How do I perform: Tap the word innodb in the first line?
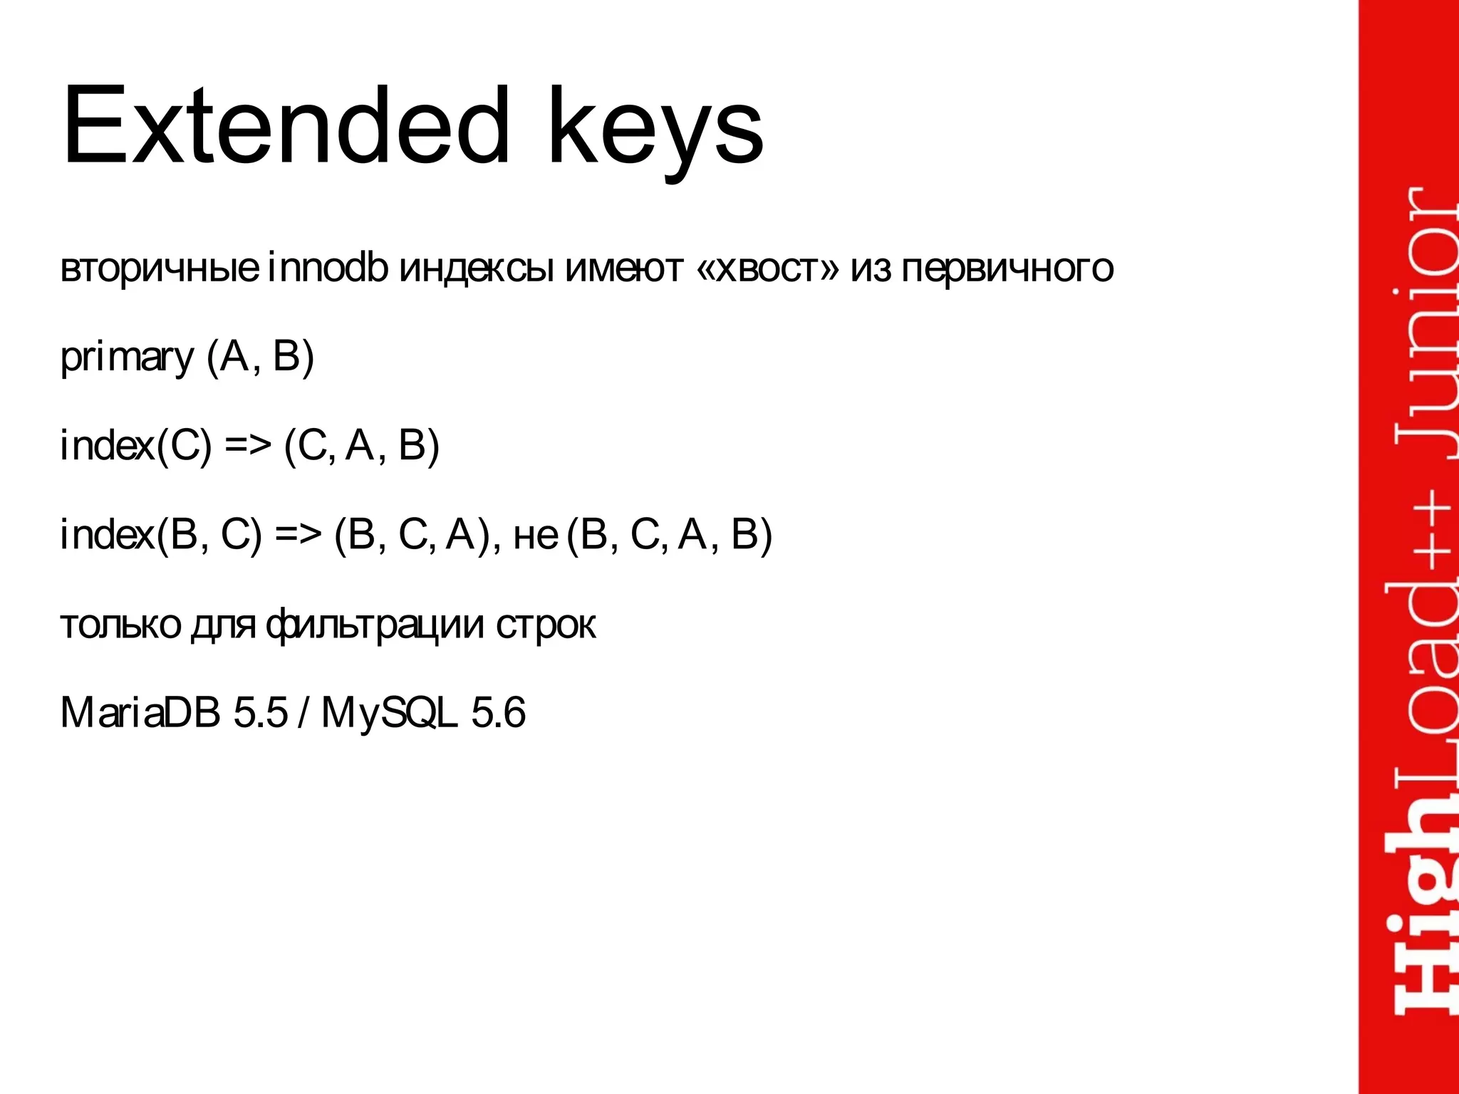tap(328, 268)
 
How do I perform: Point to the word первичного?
tap(1007, 269)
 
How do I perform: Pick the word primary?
tap(127, 358)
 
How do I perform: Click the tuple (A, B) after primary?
tap(260, 357)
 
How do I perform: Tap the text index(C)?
tap(136, 446)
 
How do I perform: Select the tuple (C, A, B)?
tap(362, 446)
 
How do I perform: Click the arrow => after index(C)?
tap(248, 446)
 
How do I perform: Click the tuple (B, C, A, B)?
tap(670, 535)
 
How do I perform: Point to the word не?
tap(535, 536)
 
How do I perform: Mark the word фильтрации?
tap(375, 625)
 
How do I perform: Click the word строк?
tap(546, 625)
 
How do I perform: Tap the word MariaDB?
tap(140, 712)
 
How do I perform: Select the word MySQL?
tap(388, 713)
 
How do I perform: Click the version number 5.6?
tap(499, 712)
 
